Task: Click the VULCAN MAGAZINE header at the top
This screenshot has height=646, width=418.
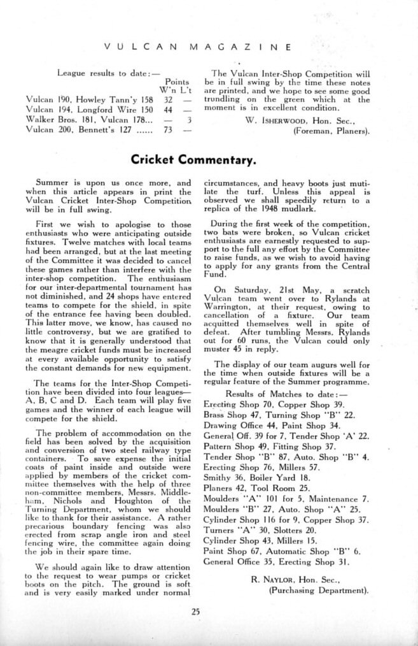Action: pyautogui.click(x=197, y=47)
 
